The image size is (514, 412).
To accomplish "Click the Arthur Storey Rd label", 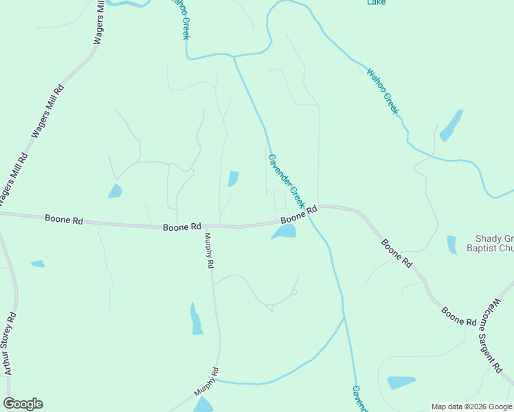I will click(x=8, y=344).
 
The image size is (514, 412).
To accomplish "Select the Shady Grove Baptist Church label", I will click(x=494, y=244).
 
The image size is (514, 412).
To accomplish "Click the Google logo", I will click(x=23, y=404).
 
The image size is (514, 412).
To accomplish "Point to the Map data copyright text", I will click(x=471, y=407).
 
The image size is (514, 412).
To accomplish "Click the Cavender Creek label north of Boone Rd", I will click(x=286, y=181).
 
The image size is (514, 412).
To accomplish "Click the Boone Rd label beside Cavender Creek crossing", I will click(x=298, y=215).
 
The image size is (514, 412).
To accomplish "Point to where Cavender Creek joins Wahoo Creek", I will click(x=234, y=57).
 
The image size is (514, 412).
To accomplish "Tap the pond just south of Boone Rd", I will click(x=284, y=232).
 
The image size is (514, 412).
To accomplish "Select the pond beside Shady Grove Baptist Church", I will click(x=451, y=244).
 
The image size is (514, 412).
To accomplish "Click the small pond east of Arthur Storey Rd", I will click(x=38, y=264).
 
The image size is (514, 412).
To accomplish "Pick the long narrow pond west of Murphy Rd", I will click(x=196, y=319).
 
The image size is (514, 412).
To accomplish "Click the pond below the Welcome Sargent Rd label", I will click(x=401, y=382).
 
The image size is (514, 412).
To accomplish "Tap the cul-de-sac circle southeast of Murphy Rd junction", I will click(x=294, y=293).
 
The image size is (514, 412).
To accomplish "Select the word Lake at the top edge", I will click(x=376, y=3).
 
